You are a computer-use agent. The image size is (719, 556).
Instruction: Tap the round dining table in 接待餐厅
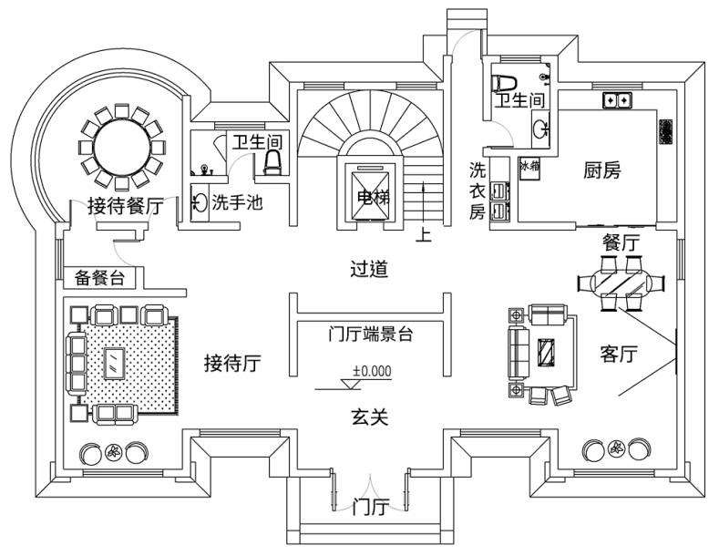pos(122,144)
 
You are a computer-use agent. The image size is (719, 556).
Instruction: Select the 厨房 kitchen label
pos(602,170)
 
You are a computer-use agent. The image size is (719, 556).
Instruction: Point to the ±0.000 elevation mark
pos(372,371)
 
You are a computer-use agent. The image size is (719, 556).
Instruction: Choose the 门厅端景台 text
pos(371,334)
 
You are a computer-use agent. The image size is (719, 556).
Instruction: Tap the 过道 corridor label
pos(370,269)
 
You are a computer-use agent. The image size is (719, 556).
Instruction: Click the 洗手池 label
pos(237,202)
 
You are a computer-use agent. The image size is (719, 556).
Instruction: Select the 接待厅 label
pos(232,365)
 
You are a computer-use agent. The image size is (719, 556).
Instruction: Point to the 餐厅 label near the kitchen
pos(621,242)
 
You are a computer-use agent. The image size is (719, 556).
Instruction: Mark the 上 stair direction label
pos(423,235)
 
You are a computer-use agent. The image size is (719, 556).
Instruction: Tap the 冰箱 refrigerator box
pos(529,166)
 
